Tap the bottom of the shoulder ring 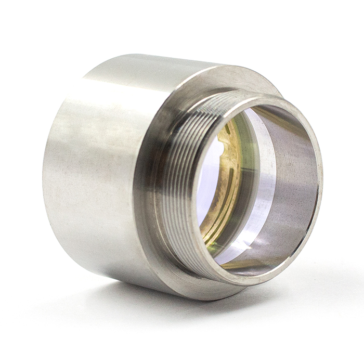pos(208,294)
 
